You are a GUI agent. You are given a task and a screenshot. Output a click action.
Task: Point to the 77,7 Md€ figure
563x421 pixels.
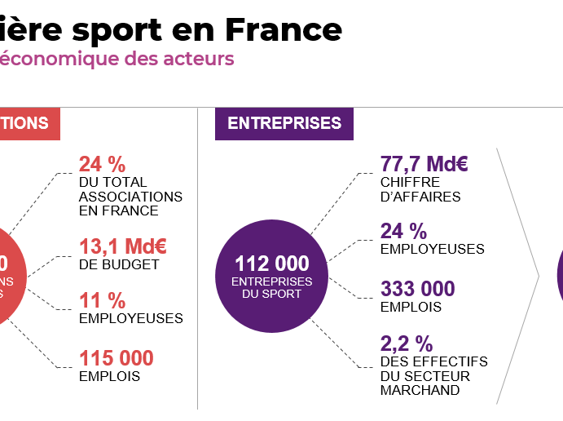[x=424, y=164]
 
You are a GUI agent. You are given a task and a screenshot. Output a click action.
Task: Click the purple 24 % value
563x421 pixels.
[x=403, y=231]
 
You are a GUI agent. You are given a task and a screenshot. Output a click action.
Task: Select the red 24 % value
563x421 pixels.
[x=102, y=164]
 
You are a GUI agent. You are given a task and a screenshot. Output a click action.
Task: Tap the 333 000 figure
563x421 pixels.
[x=417, y=289]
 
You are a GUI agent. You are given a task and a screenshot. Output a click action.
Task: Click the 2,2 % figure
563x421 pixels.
[x=406, y=343]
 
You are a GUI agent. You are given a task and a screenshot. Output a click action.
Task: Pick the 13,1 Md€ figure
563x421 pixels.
[x=122, y=246]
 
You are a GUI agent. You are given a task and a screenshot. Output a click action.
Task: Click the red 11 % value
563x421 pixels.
[x=102, y=300]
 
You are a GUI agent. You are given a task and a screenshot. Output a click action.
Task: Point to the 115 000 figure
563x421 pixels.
[x=116, y=357]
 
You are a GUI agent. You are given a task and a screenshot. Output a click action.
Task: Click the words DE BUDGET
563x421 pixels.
[x=118, y=264]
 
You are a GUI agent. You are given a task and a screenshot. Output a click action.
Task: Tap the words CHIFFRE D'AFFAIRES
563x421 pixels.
[x=420, y=189]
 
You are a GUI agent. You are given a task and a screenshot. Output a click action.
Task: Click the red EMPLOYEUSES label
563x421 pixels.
[x=130, y=318]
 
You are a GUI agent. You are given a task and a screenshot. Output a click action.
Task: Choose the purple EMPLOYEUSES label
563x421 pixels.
[x=432, y=249]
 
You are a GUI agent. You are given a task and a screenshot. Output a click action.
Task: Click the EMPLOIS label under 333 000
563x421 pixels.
[x=411, y=307]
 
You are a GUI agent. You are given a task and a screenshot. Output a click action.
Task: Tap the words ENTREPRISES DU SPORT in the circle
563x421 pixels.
[x=272, y=287]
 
